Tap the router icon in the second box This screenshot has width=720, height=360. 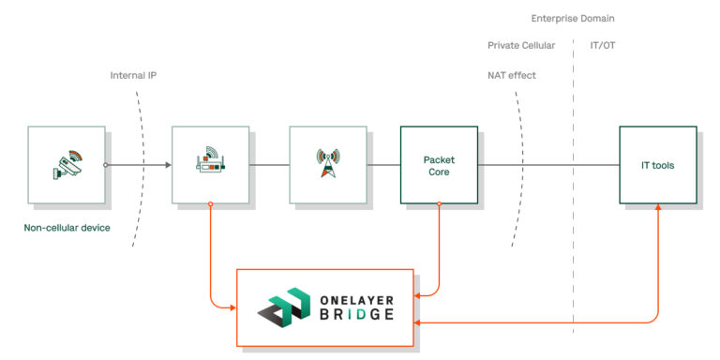pos(211,164)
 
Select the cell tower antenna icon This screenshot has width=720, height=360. pos(327,164)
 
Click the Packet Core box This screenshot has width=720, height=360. pos(438,165)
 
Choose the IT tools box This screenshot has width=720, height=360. pos(657,165)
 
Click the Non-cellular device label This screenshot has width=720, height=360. pos(67,226)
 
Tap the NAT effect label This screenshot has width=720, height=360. pos(511,74)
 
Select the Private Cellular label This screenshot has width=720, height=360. pos(522,45)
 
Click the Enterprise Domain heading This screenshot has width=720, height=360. pos(572,18)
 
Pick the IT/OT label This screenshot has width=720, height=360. pos(603,45)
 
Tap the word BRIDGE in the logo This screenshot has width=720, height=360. pos(353,315)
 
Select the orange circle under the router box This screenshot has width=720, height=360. pos(211,203)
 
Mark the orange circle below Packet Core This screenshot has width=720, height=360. pos(438,203)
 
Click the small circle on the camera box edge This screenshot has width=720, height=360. pos(105,165)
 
